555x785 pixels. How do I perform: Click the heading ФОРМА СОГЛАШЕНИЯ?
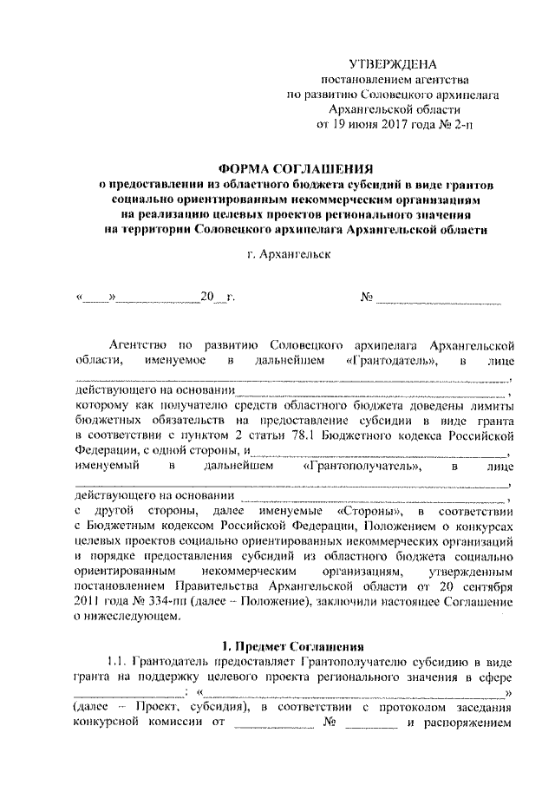click(x=295, y=169)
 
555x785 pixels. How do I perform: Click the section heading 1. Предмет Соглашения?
click(x=295, y=647)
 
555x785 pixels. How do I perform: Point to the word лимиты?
click(x=490, y=405)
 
